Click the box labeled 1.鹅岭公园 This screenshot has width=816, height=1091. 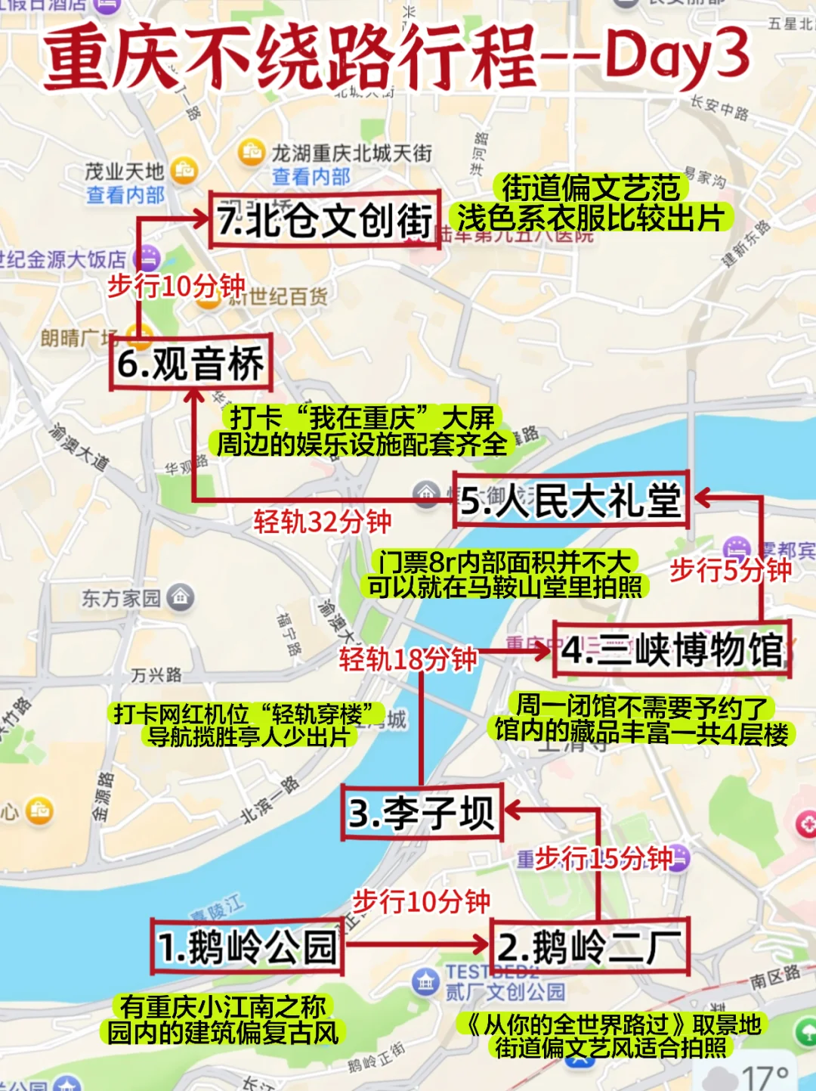pyautogui.click(x=247, y=947)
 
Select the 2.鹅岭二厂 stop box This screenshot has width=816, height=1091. pyautogui.click(x=590, y=947)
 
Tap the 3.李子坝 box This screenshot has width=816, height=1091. pyautogui.click(x=422, y=814)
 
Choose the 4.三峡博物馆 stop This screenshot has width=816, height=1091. pyautogui.click(x=672, y=649)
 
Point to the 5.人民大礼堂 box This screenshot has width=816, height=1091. pyautogui.click(x=571, y=501)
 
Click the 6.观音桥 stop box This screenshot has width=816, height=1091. pyautogui.click(x=190, y=363)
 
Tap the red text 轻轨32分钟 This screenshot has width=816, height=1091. pyautogui.click(x=323, y=522)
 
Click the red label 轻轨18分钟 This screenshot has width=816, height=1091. pyautogui.click(x=408, y=659)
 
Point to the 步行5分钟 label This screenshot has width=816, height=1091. pyautogui.click(x=730, y=569)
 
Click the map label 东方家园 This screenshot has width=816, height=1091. pyautogui.click(x=122, y=599)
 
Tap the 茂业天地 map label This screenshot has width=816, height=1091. pyautogui.click(x=124, y=172)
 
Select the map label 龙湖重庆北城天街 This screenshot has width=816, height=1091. pyautogui.click(x=352, y=153)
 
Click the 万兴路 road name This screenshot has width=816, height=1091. pyautogui.click(x=156, y=674)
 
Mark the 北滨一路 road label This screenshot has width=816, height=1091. pyautogui.click(x=270, y=800)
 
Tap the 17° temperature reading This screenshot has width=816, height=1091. pyautogui.click(x=765, y=1077)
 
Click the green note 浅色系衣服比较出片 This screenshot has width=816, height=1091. pyautogui.click(x=591, y=219)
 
